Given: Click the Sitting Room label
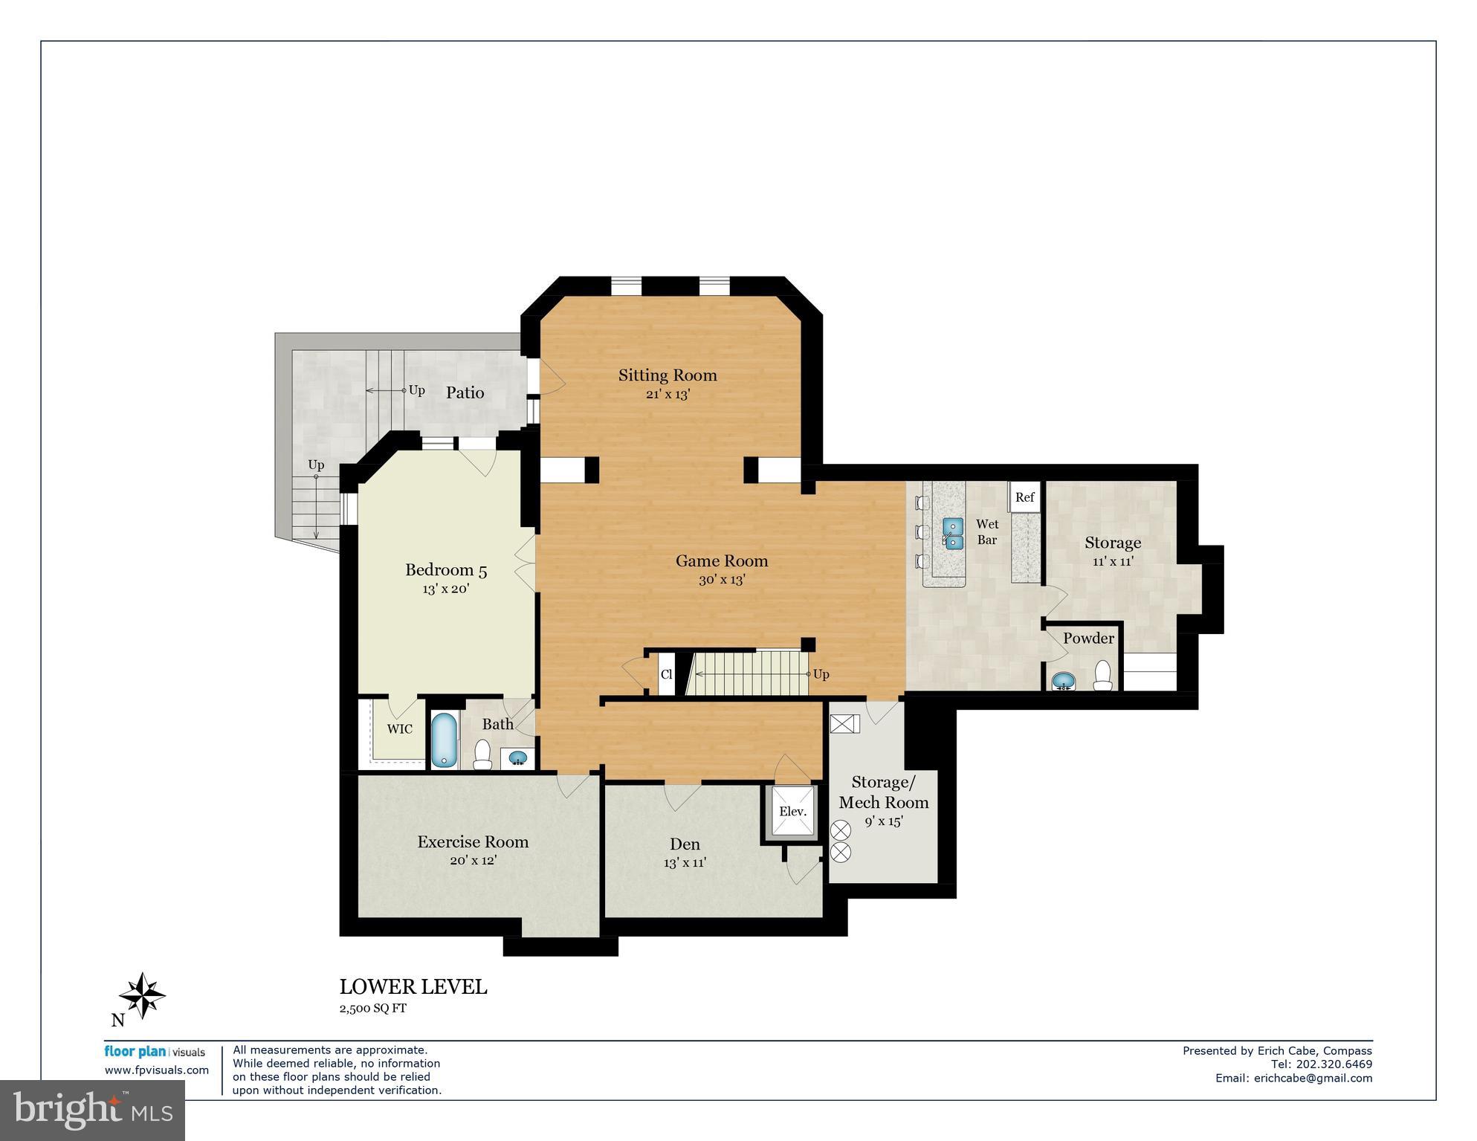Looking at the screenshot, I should pos(668,375).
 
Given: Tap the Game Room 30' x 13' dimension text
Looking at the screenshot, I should pos(721,580).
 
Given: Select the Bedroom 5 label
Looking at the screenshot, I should pos(446,570).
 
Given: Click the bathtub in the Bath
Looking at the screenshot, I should pos(445,740).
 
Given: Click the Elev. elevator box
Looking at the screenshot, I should pos(792,812).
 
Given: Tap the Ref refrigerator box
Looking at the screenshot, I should pos(1024,497).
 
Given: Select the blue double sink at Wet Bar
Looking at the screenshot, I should pos(953,533).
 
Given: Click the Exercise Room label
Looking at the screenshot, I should pos(473,842).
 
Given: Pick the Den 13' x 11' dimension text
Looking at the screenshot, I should pos(685,863).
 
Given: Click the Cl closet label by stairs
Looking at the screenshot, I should pos(667,675).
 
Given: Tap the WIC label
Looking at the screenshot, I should pos(399,729).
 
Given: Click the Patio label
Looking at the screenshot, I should pos(465,392).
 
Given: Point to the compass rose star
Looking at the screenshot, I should pos(142,995).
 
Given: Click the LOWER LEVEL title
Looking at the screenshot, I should pos(413,987).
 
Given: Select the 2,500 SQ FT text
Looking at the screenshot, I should pos(373,1009).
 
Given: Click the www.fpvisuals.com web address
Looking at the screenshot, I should pos(157,1070).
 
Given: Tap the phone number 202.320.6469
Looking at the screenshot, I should pos(1334,1064).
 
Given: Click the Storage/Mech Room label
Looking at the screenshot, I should pos(883,792).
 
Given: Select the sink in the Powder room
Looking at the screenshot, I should pos(1064,680).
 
